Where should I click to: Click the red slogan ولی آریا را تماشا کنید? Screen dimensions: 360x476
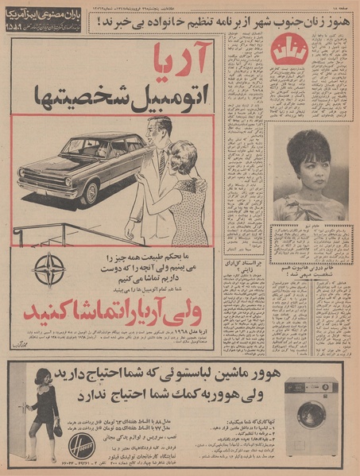point(135,300)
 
